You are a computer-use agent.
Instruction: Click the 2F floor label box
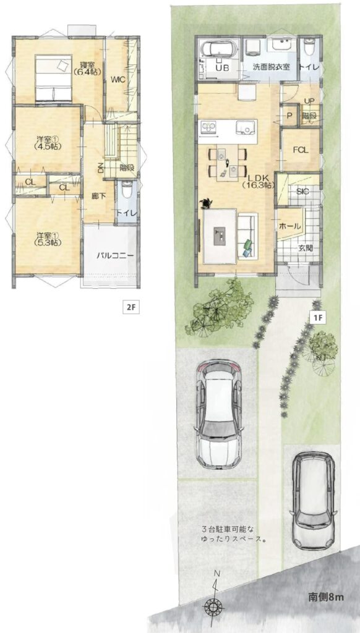131,308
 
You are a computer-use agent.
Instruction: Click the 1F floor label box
317,317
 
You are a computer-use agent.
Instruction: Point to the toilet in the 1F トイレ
309,46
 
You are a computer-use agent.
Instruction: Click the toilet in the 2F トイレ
127,189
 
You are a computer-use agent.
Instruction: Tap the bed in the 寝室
54,77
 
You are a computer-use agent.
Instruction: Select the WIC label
118,80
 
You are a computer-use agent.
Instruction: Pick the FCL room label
301,150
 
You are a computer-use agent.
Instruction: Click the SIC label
302,192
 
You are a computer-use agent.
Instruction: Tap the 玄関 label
305,248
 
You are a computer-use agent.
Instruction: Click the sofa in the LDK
247,236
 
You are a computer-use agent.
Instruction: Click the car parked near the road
314,499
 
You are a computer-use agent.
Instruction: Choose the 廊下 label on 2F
99,196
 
